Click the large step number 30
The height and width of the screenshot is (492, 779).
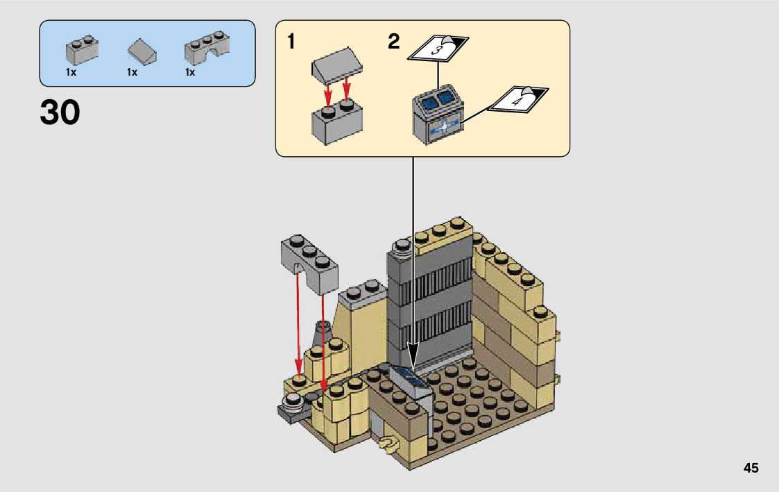click(x=60, y=113)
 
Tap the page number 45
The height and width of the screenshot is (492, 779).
click(x=751, y=468)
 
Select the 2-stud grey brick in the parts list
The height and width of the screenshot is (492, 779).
click(x=82, y=50)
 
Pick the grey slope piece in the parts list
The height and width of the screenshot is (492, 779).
click(x=143, y=50)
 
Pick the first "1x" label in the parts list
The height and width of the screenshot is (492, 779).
click(x=71, y=72)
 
